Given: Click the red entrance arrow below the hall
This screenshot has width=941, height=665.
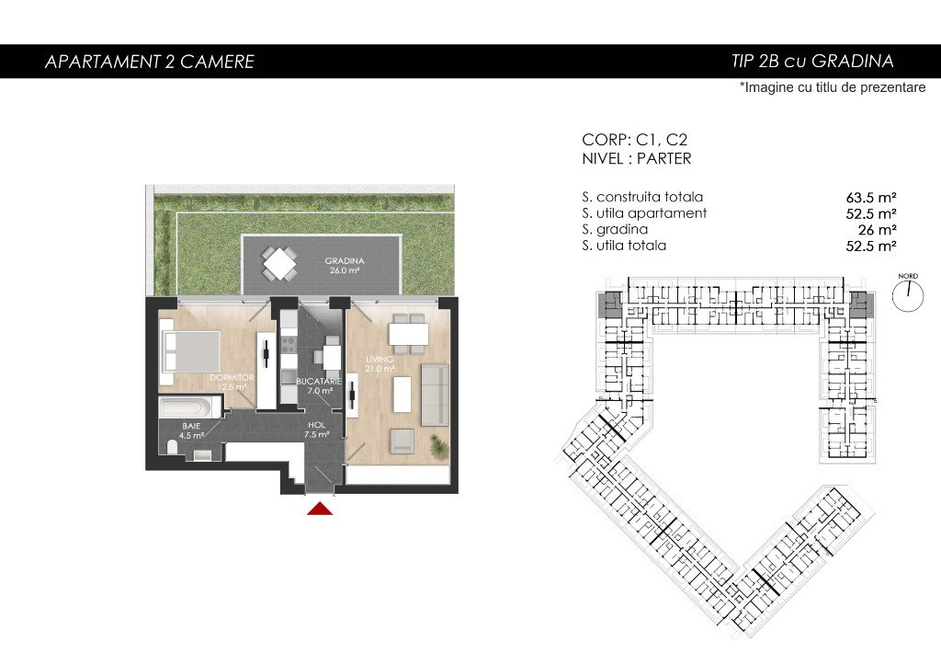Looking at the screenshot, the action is coord(320,509).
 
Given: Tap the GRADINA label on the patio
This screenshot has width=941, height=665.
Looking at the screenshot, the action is coord(345,260).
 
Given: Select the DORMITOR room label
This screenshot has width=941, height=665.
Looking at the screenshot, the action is coord(232,377).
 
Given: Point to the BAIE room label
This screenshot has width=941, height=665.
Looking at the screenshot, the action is coord(191,426).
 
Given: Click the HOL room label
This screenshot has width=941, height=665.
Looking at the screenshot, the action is coord(316,425).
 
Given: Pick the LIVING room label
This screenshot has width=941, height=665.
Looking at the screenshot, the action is coord(380,360).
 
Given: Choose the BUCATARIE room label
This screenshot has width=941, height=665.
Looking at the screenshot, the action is coord(319,381).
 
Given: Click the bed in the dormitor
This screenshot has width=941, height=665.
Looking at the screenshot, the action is coord(189,351).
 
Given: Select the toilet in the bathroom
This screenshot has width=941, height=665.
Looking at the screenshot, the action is coord(172,447).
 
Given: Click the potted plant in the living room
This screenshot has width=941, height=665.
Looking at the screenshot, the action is coord(439,446).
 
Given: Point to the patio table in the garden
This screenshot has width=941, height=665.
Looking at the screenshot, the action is coord(279,264).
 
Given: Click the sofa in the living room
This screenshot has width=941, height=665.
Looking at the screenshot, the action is coord(435,395).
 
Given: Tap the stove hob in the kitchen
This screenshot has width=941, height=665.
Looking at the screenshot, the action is coord(289,346).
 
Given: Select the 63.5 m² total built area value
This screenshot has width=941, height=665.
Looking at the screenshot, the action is coord(871,198).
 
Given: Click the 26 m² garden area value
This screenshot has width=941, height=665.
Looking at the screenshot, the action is coord(878,230).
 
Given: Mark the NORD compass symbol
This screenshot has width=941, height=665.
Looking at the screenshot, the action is coord(907,293).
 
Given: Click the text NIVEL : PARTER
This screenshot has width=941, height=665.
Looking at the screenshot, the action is coord(637,158).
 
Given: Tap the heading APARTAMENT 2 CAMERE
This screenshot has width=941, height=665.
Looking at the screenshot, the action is coord(150,62).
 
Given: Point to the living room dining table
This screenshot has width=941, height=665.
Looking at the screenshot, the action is coord(409,334).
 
